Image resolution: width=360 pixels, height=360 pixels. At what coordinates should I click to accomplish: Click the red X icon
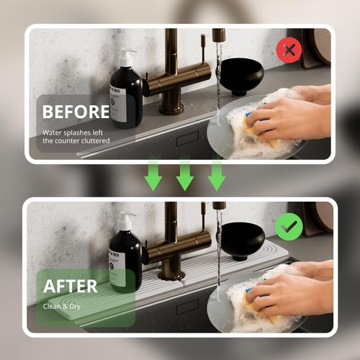tap(289, 50)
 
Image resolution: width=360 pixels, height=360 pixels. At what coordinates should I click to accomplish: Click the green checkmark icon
tap(288, 227)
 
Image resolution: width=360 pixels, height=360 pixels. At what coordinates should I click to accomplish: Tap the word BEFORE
tap(76, 112)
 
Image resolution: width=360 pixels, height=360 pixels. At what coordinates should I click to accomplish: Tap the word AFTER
tap(71, 286)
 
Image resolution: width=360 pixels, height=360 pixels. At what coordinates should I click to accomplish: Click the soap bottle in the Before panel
tap(125, 94)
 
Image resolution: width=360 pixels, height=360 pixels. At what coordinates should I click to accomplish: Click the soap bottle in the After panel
tap(125, 259)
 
